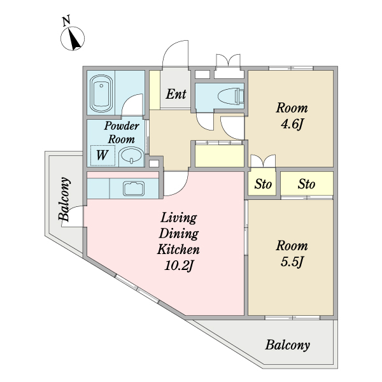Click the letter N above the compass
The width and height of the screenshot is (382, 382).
(x=66, y=20)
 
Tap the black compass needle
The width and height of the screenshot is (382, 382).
(x=74, y=38)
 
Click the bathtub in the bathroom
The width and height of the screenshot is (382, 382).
(x=101, y=94)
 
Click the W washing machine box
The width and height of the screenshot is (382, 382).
(x=103, y=155)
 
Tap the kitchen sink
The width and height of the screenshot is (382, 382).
(x=134, y=188)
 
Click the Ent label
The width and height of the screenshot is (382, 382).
(x=176, y=94)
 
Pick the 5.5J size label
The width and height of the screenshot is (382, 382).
(x=292, y=262)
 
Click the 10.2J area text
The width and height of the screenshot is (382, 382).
(x=178, y=265)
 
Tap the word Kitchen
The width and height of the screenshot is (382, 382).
(x=178, y=249)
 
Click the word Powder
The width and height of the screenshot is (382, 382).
(x=122, y=126)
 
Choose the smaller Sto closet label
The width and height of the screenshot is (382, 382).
(x=263, y=184)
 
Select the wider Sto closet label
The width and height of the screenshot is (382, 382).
(x=306, y=184)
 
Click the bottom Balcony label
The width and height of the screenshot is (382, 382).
(x=288, y=345)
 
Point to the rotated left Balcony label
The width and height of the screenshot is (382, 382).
(x=64, y=199)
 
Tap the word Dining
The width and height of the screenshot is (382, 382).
(x=178, y=234)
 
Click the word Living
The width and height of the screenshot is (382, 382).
(x=178, y=218)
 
